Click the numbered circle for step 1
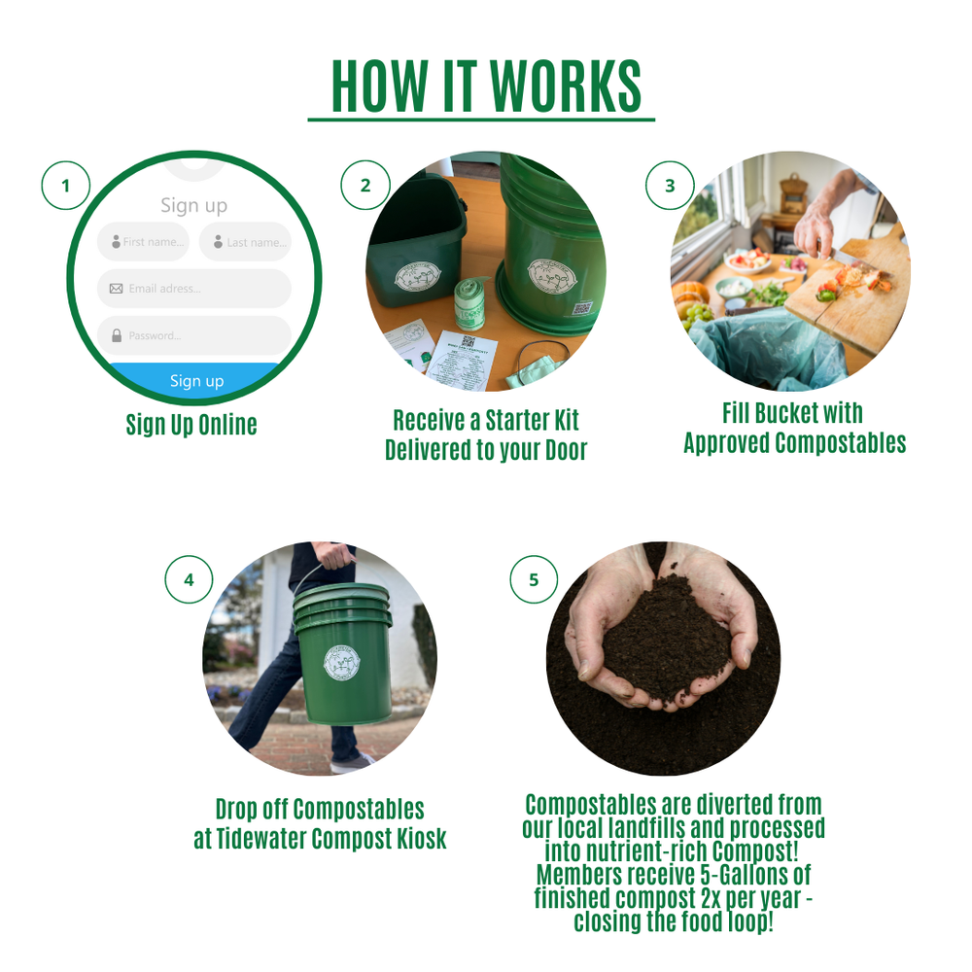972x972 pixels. pos(66,185)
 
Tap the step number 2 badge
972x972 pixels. pos(365,185)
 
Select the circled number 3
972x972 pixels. pos(670,185)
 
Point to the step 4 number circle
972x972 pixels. pos(189,579)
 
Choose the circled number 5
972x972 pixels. pos(534,579)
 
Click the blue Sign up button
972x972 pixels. pos(196,380)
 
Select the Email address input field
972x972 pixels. pos(193,289)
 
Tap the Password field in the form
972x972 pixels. pos(193,335)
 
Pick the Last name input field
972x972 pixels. pos(245,242)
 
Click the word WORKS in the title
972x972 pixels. pos(565,87)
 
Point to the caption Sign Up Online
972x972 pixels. pos(191,425)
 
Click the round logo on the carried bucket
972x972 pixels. pos(343,666)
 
